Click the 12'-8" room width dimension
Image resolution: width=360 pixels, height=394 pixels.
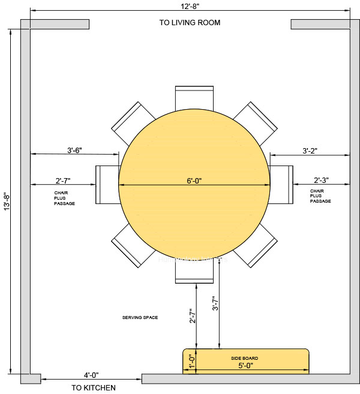click(x=190, y=5)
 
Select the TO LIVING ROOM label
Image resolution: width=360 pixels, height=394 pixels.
click(x=190, y=23)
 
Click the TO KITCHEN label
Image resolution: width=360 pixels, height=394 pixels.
click(x=94, y=387)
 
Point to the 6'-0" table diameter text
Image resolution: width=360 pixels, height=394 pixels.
click(x=194, y=180)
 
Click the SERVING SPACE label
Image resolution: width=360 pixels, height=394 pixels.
click(x=140, y=317)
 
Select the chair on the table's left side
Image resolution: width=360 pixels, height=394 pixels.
click(x=106, y=185)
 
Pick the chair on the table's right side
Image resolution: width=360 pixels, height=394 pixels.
click(x=282, y=185)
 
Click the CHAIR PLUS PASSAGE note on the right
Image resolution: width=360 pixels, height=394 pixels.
click(x=320, y=196)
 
